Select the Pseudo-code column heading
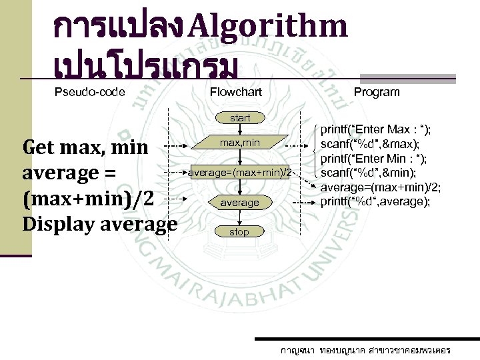89,92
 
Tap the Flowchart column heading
236,92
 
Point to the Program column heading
377,92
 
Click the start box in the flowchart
240,118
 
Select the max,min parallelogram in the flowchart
240,143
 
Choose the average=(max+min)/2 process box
240,173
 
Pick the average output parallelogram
240,202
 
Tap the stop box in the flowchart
239,232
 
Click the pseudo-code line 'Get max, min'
85,147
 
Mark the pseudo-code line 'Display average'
99,224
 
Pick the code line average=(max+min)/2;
381,187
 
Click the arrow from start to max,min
240,129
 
